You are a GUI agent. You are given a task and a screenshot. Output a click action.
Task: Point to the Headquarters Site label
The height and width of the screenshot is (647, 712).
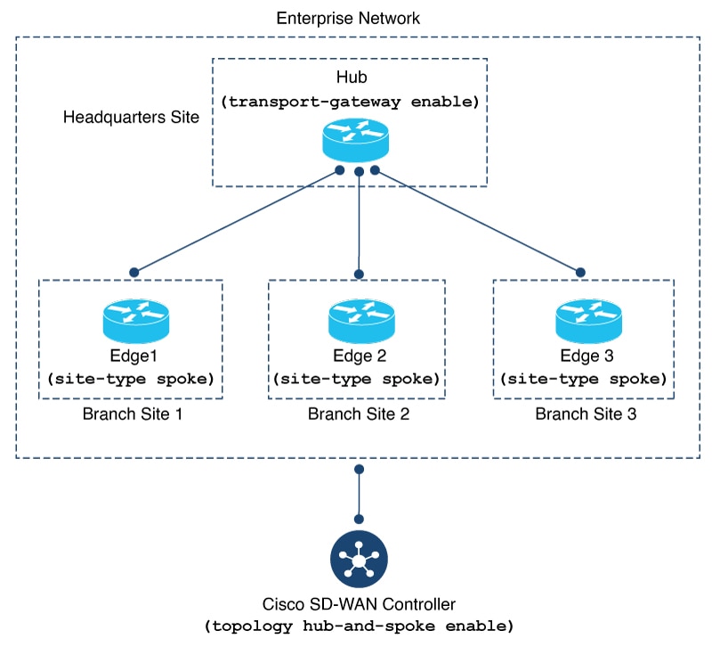click(x=132, y=118)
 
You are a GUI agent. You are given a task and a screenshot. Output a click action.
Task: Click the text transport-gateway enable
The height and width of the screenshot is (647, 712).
click(x=351, y=102)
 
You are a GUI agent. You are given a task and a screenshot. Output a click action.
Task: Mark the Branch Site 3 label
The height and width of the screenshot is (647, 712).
click(x=583, y=414)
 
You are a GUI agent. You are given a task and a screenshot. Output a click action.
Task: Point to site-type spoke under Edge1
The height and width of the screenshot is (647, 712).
click(x=130, y=379)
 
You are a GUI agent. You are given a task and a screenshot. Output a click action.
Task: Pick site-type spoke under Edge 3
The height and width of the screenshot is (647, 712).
click(x=584, y=379)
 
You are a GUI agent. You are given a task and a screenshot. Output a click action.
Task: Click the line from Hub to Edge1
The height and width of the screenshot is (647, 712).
click(x=236, y=221)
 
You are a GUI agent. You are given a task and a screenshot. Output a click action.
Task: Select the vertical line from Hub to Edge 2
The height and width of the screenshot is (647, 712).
click(x=359, y=223)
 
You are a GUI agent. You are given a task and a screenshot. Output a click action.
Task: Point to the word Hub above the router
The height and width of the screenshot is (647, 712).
click(x=350, y=78)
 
